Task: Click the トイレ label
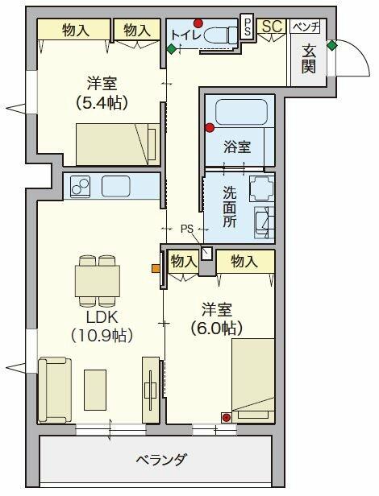[x=184, y=34]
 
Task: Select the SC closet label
[x=272, y=27]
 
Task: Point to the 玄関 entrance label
[x=309, y=58]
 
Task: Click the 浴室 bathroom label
[x=237, y=147]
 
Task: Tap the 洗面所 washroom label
[x=229, y=207]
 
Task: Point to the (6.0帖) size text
[x=216, y=329]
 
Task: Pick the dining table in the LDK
[x=98, y=282]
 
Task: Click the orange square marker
[x=156, y=267]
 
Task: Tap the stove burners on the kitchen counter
[x=81, y=187]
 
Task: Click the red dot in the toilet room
[x=198, y=23]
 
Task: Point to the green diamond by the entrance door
[x=331, y=45]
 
